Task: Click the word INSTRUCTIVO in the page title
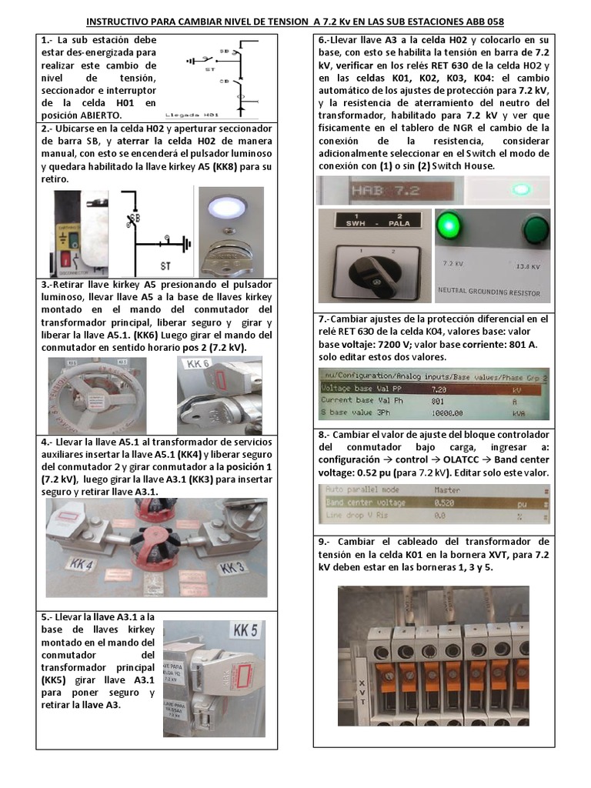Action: coord(119,22)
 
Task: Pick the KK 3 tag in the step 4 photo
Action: coord(234,567)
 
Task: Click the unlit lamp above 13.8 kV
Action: coord(530,230)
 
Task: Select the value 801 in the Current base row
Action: coord(438,400)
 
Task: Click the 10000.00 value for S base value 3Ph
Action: coord(449,413)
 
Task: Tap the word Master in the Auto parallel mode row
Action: coord(446,489)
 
